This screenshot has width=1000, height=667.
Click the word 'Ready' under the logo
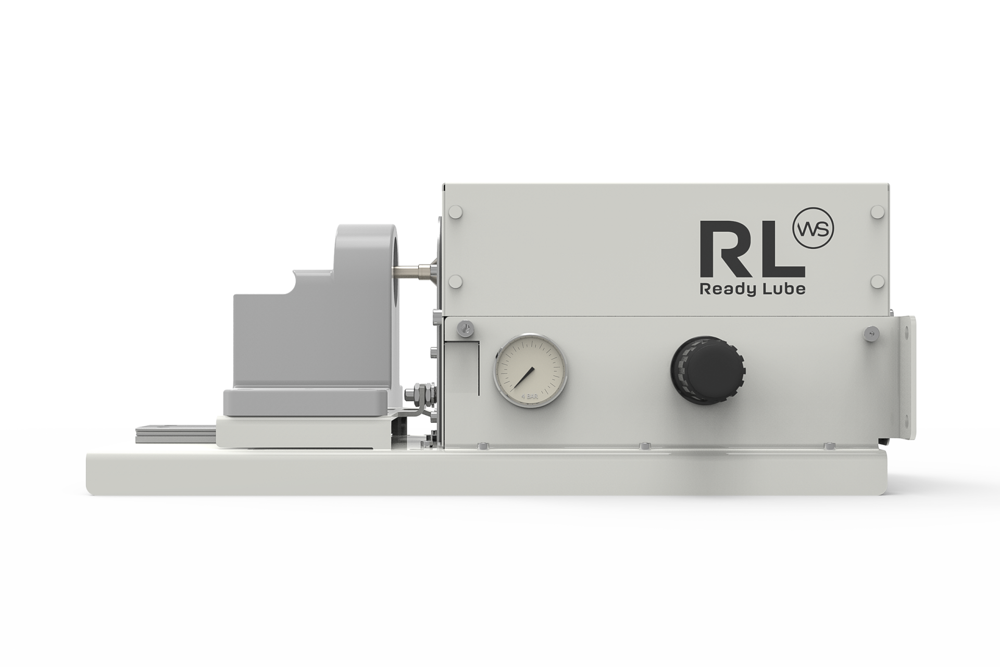click(x=724, y=289)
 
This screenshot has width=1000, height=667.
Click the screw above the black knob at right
click(x=869, y=334)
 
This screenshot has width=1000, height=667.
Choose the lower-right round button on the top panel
click(x=877, y=281)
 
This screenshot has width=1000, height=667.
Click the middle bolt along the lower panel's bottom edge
click(x=645, y=445)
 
